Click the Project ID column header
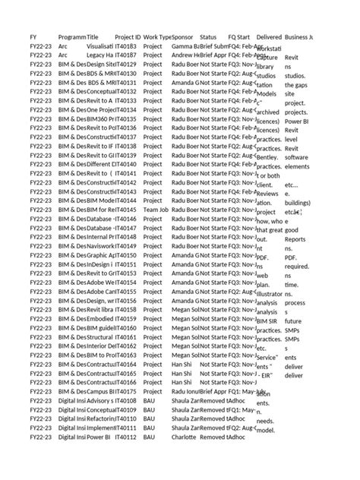click(x=128, y=36)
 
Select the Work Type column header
click(x=157, y=36)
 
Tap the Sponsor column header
click(x=183, y=36)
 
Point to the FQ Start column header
click(x=239, y=36)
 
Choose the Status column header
click(x=208, y=36)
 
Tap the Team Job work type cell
click(x=156, y=209)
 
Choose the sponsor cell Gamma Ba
click(x=186, y=46)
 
